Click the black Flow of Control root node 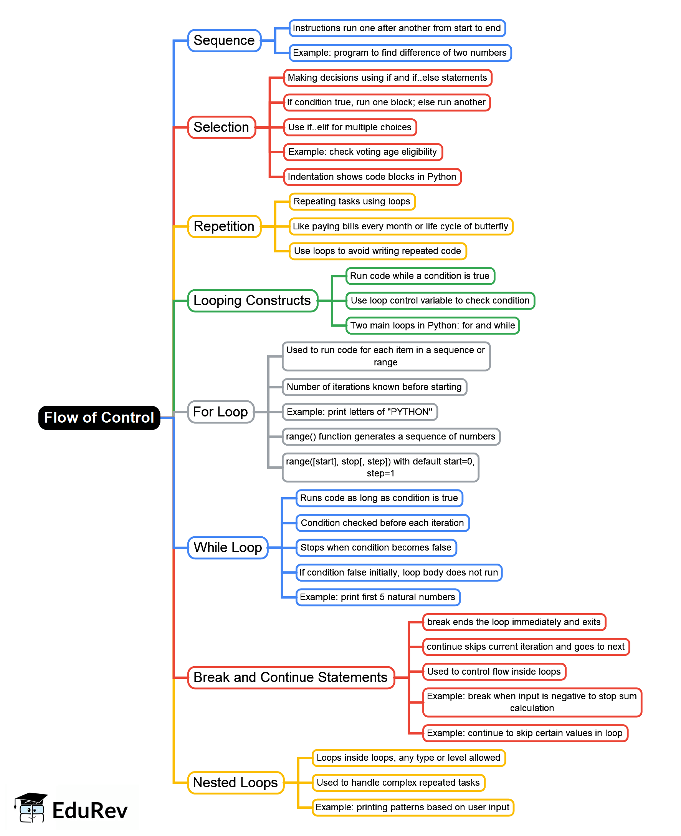click(99, 418)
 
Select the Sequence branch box click(224, 40)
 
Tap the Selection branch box click(221, 127)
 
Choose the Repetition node click(224, 226)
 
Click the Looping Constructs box click(252, 301)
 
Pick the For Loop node click(220, 412)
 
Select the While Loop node click(228, 547)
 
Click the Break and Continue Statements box click(291, 677)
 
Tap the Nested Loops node click(235, 783)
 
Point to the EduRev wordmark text click(90, 811)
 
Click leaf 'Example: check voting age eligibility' click(362, 152)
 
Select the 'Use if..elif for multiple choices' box click(350, 127)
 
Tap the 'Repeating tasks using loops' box click(352, 201)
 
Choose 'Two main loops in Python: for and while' click(432, 325)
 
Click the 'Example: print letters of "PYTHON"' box click(359, 412)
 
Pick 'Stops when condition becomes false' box click(376, 547)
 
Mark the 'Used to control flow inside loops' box click(494, 672)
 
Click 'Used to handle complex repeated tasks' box click(398, 783)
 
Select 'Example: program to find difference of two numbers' click(400, 53)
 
